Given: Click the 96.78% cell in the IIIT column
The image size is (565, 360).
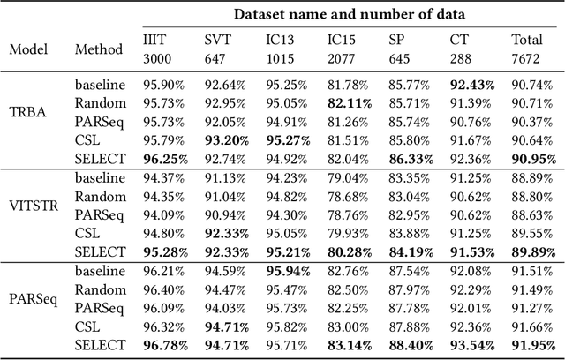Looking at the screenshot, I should tap(165, 343).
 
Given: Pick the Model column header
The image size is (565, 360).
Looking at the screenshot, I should tap(29, 49).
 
